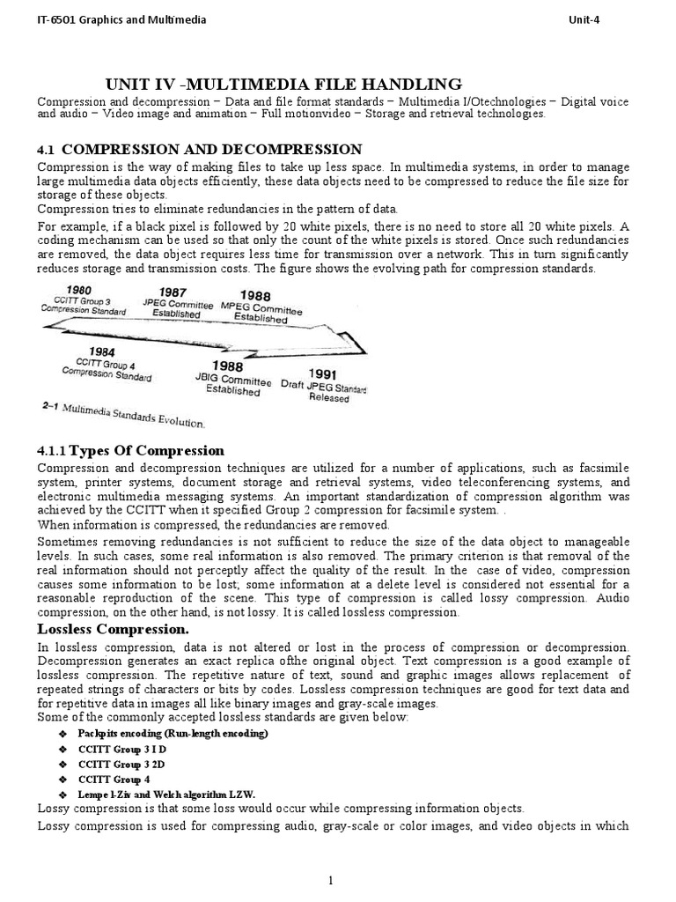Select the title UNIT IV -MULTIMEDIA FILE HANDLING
point(283,85)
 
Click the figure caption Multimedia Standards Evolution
point(123,418)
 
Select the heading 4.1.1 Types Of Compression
point(131,450)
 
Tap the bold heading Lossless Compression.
point(112,629)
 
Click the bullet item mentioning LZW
point(166,795)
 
